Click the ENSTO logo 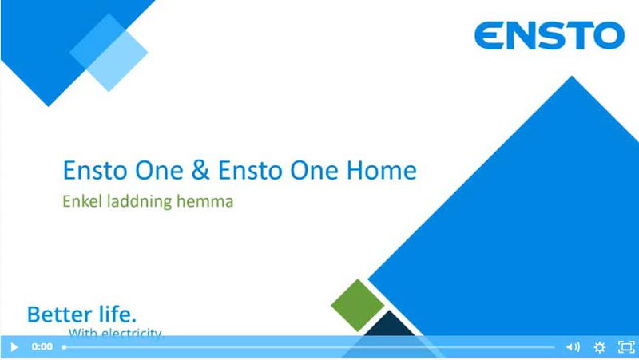click(x=549, y=35)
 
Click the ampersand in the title click(x=196, y=171)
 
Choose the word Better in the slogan click(x=58, y=314)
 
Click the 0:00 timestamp click(x=42, y=347)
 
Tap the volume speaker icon click(x=573, y=347)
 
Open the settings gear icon click(x=600, y=347)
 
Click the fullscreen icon click(x=626, y=347)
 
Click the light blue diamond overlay click(x=109, y=52)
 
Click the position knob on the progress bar click(x=65, y=347)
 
